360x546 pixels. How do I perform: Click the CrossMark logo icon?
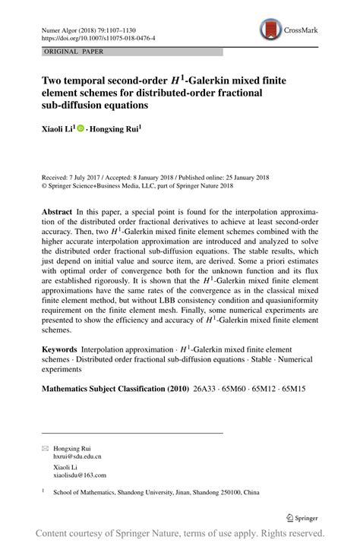270,30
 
